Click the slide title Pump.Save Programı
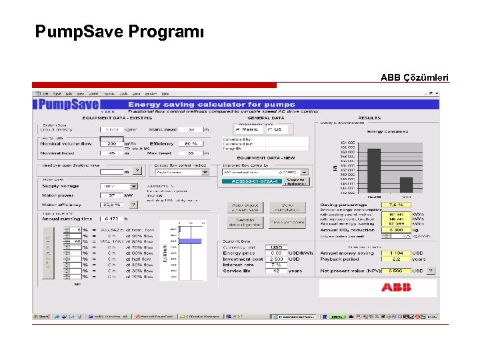coord(120,31)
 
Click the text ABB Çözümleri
coord(414,77)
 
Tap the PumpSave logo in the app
coord(68,105)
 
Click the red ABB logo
coord(396,287)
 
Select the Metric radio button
coord(238,129)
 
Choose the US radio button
coord(269,129)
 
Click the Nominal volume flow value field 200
coord(111,143)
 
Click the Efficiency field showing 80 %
coord(191,143)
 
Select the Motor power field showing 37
coord(111,195)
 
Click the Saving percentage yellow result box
coord(395,205)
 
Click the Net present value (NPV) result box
coord(395,271)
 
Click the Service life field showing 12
coord(276,271)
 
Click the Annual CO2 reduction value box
coord(395,229)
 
